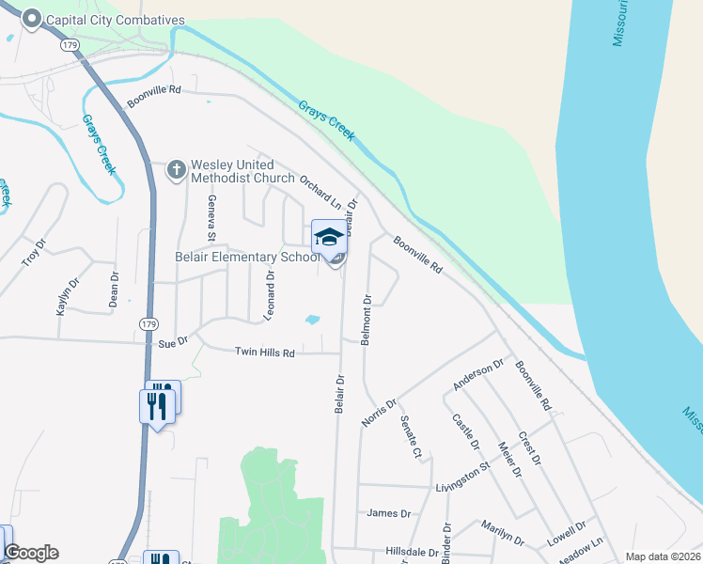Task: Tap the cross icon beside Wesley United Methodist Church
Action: point(176,170)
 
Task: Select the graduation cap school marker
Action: point(329,237)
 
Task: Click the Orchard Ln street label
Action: point(320,191)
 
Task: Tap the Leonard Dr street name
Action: point(270,294)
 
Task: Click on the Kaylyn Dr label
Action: point(66,296)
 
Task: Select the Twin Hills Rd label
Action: point(265,352)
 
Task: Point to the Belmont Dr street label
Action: point(367,321)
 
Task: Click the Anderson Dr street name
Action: point(478,373)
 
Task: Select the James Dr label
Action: point(390,513)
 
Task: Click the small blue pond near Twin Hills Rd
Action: point(313,321)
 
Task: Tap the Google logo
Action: point(31,553)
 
